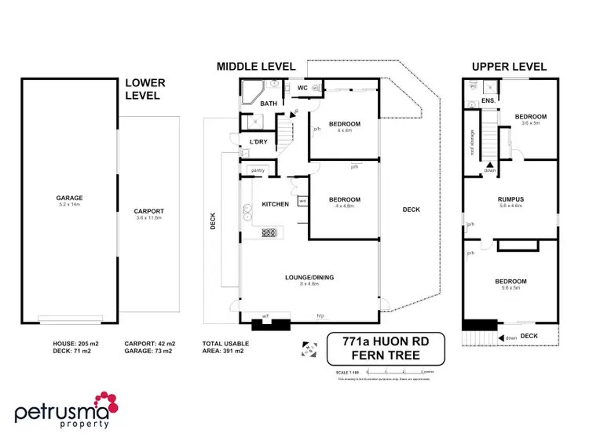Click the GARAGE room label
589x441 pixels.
[x=69, y=198]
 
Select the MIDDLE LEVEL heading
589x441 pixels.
[x=256, y=67]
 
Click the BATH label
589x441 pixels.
[x=269, y=104]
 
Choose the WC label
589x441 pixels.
[x=301, y=87]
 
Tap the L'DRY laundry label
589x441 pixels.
[x=258, y=141]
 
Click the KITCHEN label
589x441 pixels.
[x=275, y=205]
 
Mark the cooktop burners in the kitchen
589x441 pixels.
[x=269, y=232]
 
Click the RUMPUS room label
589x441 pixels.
[x=510, y=199]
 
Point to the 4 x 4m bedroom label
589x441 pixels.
[x=344, y=125]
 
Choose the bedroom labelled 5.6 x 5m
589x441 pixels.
[x=510, y=282]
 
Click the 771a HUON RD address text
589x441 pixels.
[x=385, y=341]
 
